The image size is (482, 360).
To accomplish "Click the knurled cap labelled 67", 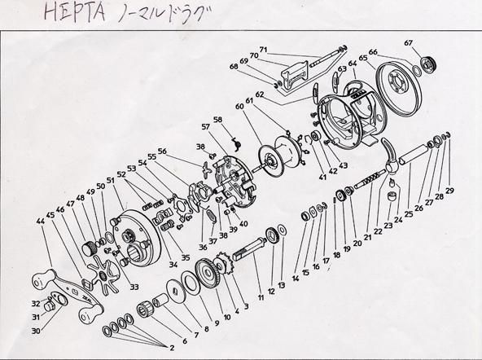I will [425, 63].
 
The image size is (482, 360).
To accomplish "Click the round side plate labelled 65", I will [397, 85].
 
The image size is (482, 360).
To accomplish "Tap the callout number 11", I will [261, 298].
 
